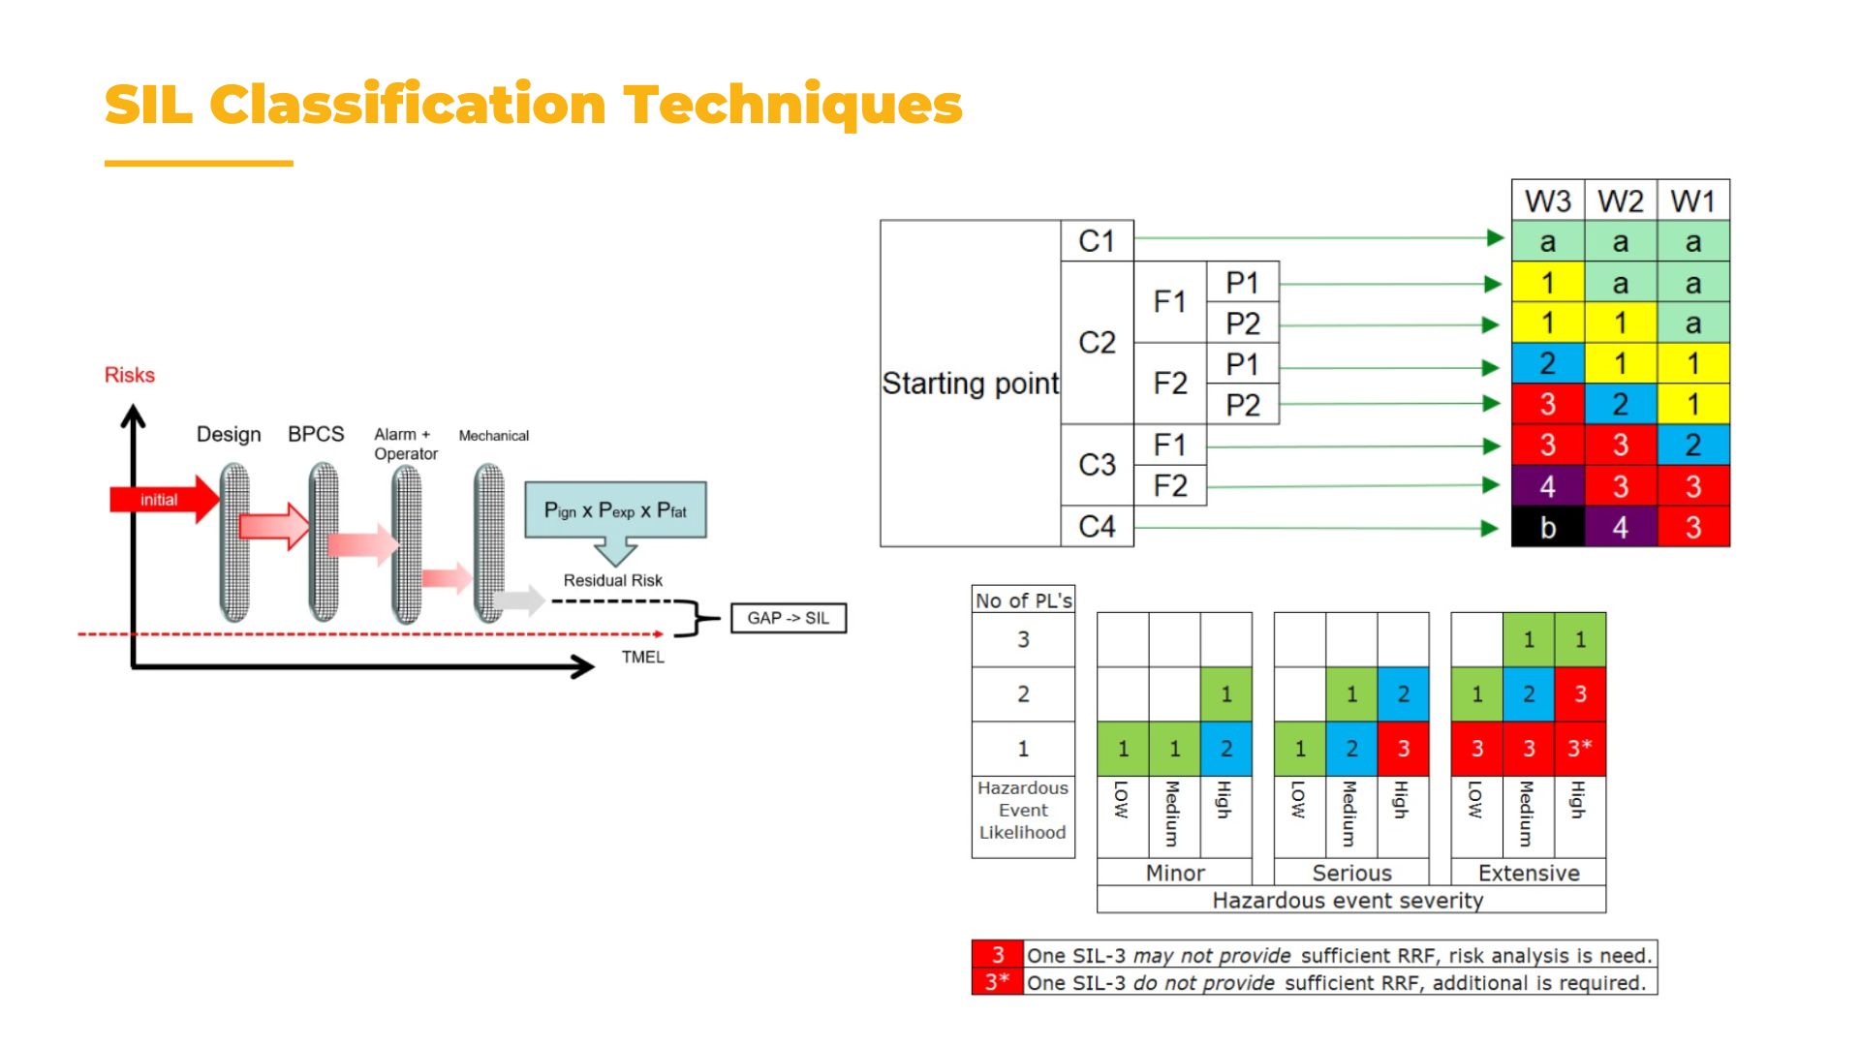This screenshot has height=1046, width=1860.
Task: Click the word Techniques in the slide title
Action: tap(792, 105)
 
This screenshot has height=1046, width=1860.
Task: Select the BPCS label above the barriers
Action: tap(316, 434)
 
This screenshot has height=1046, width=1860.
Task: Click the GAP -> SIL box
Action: tap(788, 618)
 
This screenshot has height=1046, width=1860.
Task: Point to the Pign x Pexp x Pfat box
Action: tap(615, 510)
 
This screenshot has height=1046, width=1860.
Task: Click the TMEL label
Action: tap(642, 657)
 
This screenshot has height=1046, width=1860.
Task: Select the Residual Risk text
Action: tap(612, 580)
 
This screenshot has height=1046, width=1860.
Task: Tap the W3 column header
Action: tap(1547, 201)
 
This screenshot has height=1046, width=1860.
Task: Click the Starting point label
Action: tap(970, 384)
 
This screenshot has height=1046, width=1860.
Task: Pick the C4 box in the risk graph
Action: tap(1097, 527)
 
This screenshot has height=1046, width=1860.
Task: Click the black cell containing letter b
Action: tap(1547, 528)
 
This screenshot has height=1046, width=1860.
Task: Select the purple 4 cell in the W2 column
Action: tap(1620, 528)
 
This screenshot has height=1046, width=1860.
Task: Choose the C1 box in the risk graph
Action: tap(1097, 241)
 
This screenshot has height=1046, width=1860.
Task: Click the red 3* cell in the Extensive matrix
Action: tap(1579, 748)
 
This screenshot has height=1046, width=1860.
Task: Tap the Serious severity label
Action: tap(1351, 873)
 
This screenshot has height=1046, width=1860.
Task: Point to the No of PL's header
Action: tap(1023, 600)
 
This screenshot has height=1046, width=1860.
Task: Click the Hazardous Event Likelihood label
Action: tap(1023, 811)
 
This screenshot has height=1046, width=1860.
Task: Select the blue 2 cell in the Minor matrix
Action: tap(1225, 749)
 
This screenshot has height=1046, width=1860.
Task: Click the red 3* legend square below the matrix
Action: tap(997, 982)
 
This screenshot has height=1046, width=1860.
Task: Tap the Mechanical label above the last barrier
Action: tap(493, 436)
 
